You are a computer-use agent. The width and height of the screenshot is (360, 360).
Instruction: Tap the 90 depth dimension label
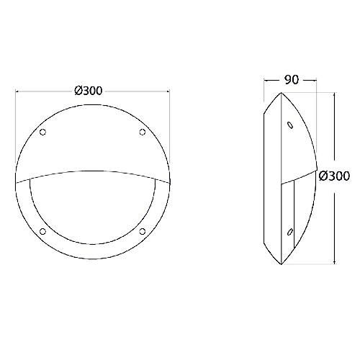coord(291,80)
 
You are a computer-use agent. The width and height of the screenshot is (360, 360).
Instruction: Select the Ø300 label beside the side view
coord(333,175)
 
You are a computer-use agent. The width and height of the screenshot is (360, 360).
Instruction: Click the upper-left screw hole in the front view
coord(42,132)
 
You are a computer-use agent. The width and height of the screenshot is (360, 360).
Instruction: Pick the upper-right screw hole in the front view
coord(141,132)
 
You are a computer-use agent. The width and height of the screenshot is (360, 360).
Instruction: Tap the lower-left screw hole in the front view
coord(42,230)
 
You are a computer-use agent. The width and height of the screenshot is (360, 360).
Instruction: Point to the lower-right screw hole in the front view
coord(141,230)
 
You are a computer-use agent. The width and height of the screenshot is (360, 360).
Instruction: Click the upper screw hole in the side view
coord(289,125)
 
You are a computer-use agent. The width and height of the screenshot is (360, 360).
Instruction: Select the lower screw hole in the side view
coord(289,232)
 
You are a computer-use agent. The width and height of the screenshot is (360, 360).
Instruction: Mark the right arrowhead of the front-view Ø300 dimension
coord(168,91)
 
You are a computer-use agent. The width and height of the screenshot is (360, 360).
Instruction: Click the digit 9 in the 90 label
coord(287,80)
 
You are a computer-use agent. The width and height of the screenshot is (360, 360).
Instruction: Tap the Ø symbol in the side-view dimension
coord(321,175)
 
